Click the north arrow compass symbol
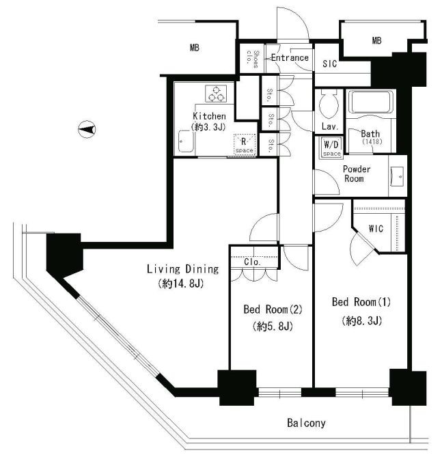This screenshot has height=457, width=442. [x=87, y=129]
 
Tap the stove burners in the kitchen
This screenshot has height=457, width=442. [x=216, y=94]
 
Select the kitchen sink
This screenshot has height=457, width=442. [x=186, y=141]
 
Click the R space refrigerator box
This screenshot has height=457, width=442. [x=245, y=144]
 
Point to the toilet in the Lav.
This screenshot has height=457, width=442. [x=329, y=105]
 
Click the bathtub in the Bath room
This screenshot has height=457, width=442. [x=371, y=102]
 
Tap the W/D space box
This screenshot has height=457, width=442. [x=332, y=148]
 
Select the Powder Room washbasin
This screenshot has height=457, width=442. [x=397, y=176]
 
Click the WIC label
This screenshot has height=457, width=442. [x=376, y=228]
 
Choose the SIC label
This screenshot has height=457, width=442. [x=330, y=64]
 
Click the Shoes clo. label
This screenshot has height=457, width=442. [x=253, y=59]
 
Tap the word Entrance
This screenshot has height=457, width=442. [x=290, y=57]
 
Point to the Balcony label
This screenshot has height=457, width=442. [x=306, y=423]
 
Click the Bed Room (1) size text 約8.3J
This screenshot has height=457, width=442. [x=362, y=320]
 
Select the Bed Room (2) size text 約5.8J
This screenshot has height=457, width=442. [x=273, y=327]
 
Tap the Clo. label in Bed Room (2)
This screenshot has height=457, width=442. [x=252, y=262]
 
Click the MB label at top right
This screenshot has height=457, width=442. [x=376, y=40]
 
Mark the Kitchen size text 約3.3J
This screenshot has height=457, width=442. [x=208, y=127]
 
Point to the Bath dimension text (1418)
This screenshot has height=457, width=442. [x=372, y=141]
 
